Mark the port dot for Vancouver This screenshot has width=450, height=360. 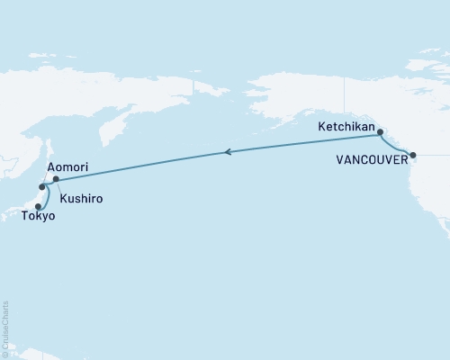click(x=412, y=156)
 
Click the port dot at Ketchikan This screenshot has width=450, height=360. click(x=378, y=133)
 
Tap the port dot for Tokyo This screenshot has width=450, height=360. click(x=38, y=205)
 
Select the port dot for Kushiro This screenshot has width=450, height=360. click(x=56, y=179)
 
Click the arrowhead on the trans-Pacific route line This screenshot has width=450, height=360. click(x=227, y=152)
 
